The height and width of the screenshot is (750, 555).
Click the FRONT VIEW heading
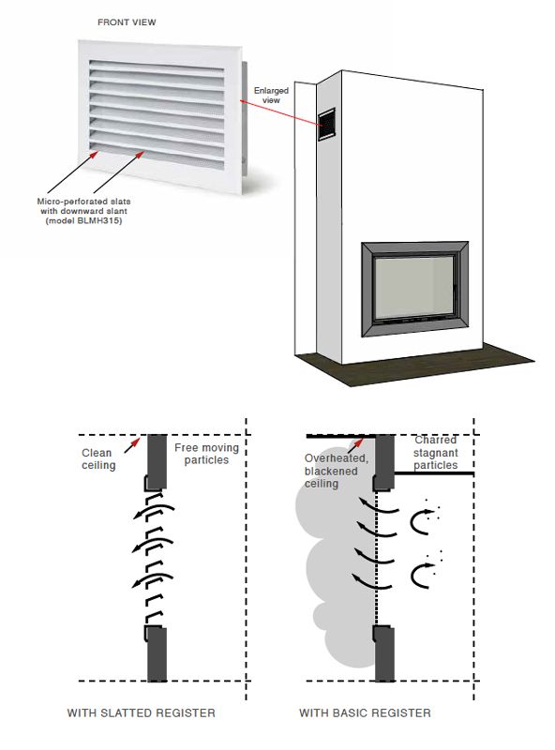127,22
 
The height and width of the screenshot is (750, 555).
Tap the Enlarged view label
271,96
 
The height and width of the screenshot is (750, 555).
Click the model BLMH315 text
83,220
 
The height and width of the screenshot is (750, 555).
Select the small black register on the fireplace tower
327,125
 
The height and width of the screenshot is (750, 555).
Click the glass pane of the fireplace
412,288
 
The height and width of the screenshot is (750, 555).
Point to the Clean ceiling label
98,459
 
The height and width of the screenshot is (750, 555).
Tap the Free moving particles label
206,454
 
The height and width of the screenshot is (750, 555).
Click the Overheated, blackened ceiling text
336,472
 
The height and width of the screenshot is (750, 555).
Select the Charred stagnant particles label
435,453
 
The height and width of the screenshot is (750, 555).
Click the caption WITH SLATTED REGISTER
142,713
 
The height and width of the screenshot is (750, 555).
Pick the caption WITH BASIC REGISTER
365,713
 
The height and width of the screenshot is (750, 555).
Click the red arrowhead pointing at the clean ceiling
136,441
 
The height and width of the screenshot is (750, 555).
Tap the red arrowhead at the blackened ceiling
359,442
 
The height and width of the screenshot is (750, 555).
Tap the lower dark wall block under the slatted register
157,653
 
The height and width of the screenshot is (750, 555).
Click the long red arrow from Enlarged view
280,113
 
